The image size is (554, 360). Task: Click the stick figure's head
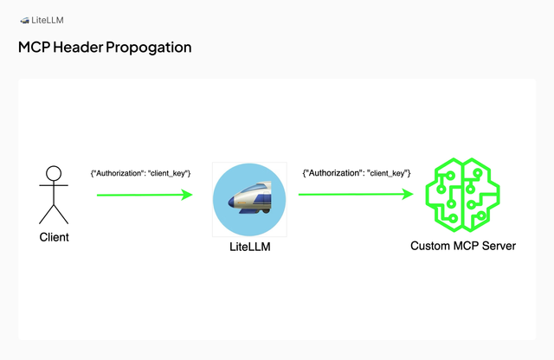tap(54, 171)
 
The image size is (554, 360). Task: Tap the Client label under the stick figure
tap(54, 236)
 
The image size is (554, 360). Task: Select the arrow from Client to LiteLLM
tap(143, 195)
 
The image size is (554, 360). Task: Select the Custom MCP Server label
tap(462, 246)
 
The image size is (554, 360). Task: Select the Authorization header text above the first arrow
tap(140, 174)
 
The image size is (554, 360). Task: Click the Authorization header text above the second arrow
tap(356, 174)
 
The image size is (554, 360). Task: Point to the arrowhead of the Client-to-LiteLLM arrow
tap(186, 195)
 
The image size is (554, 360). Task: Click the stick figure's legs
tap(54, 214)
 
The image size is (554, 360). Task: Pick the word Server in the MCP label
tap(498, 246)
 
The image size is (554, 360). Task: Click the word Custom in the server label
tap(430, 246)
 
